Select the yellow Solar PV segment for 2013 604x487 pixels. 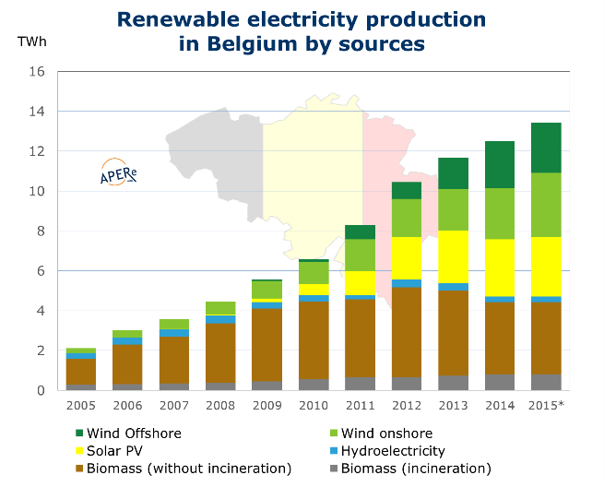coord(453,256)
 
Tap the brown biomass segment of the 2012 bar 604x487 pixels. coord(407,332)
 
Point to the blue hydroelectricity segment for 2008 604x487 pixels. coord(219,319)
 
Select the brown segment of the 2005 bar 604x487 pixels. coord(81,372)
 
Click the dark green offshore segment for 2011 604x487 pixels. coord(360,232)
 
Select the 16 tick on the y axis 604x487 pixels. coord(37,72)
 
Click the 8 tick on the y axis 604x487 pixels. coord(40,232)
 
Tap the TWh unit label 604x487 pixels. coord(30,42)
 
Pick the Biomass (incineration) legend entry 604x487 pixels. coord(402,469)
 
